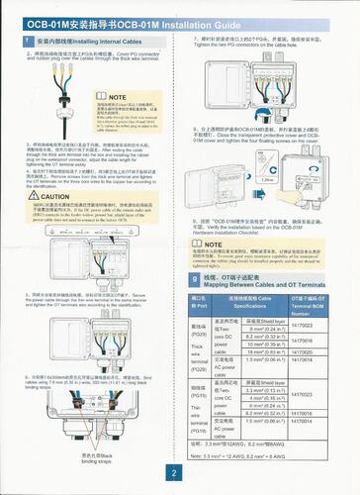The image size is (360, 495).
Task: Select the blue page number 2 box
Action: pyautogui.click(x=179, y=474)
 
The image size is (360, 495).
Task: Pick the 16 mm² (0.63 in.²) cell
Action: pyautogui.click(x=264, y=350)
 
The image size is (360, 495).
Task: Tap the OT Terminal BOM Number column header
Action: pyautogui.click(x=317, y=300)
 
